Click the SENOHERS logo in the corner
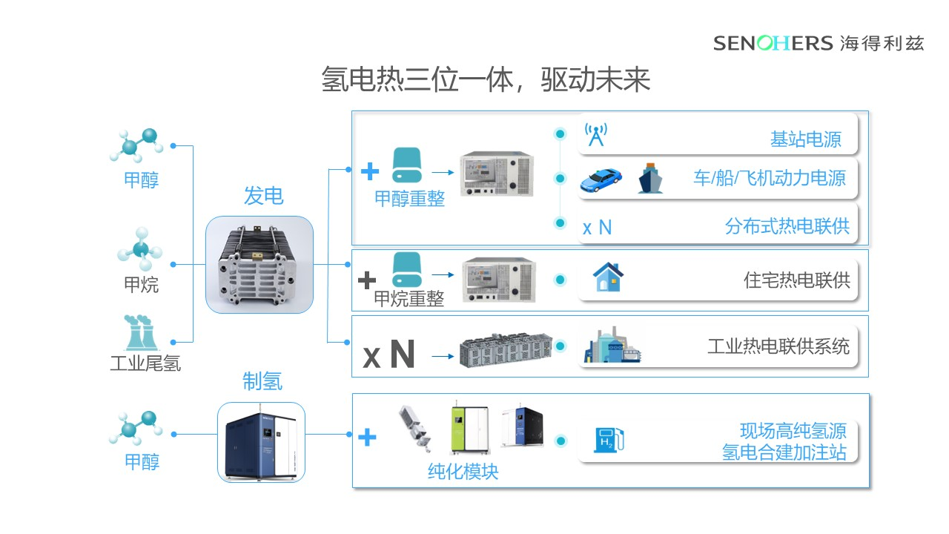coord(819,43)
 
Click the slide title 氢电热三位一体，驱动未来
coord(486,79)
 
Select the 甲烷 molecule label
coord(141,284)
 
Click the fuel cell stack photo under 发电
coord(259,265)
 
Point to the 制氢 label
coord(262,381)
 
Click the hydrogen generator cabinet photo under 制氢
coord(261,443)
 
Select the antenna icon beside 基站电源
coord(595,134)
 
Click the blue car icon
coord(600,179)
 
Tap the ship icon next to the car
coord(650,179)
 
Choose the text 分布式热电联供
coord(787,227)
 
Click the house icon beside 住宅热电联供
coord(608,278)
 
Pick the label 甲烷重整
coord(409,298)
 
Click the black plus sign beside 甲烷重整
coord(367,280)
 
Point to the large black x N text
coord(388,355)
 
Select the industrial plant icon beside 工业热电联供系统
coord(610,346)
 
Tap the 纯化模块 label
coord(463,472)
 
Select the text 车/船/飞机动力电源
coord(769,179)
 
